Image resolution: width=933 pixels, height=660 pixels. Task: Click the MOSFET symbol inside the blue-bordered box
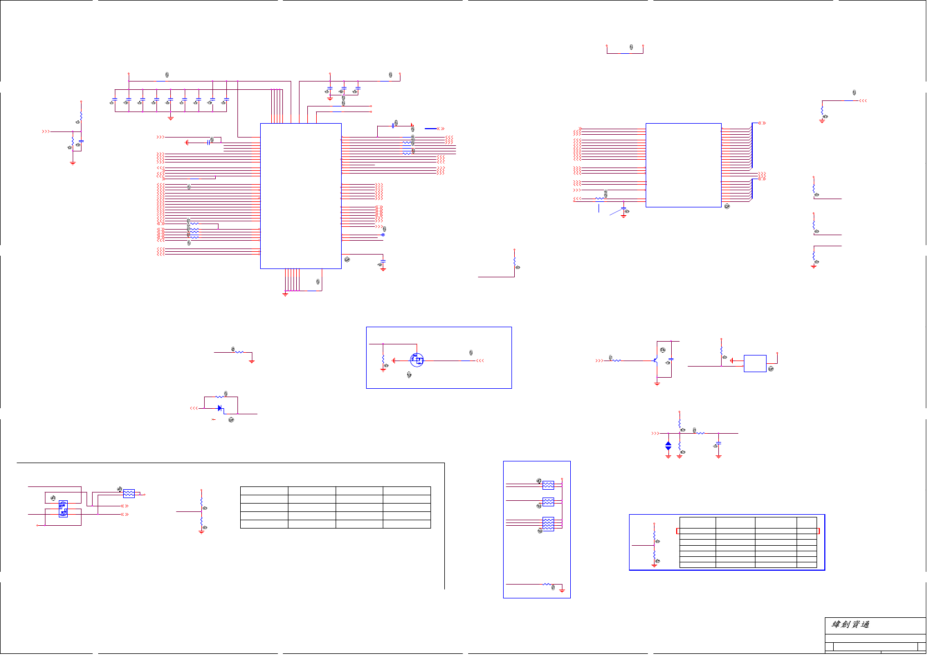[417, 360]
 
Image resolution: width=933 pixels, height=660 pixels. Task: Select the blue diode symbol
[220, 408]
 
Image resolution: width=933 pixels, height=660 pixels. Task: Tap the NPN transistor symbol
[656, 361]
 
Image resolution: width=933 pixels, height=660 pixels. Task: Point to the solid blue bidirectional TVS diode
[668, 445]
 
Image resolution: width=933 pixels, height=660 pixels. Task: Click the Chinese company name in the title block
[850, 625]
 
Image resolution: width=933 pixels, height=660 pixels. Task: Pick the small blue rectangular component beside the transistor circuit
[754, 363]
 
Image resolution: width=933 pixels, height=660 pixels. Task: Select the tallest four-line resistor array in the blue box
[548, 524]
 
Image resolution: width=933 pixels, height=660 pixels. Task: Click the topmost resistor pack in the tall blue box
[548, 485]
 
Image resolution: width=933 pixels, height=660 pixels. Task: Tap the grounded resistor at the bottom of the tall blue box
[547, 584]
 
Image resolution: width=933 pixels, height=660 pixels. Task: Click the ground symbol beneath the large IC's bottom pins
[285, 294]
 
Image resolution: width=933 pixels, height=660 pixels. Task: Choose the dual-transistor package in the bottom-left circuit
[63, 509]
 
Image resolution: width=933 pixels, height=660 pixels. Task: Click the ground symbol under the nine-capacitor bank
[170, 118]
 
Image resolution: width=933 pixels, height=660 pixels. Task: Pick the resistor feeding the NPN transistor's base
[616, 361]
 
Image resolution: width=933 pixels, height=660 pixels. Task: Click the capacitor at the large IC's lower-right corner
[383, 261]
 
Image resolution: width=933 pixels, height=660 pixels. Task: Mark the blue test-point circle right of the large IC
[383, 235]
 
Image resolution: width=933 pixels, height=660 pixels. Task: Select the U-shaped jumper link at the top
[625, 50]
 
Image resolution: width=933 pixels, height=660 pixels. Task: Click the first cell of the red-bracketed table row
[697, 531]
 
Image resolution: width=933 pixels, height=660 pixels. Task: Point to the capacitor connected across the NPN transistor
[671, 359]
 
